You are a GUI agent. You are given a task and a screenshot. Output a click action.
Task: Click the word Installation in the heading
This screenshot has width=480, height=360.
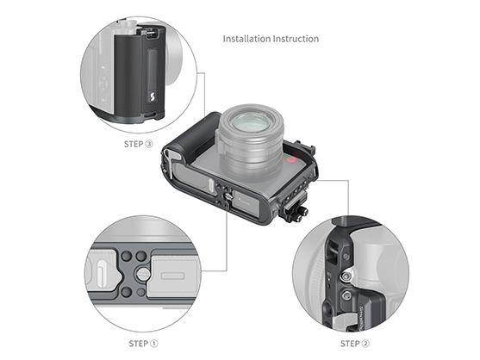[x=246, y=39]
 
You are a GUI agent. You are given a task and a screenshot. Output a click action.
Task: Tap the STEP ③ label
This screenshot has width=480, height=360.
[x=138, y=145]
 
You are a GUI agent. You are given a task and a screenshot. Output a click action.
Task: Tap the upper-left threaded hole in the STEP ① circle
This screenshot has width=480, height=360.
[x=127, y=258]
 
